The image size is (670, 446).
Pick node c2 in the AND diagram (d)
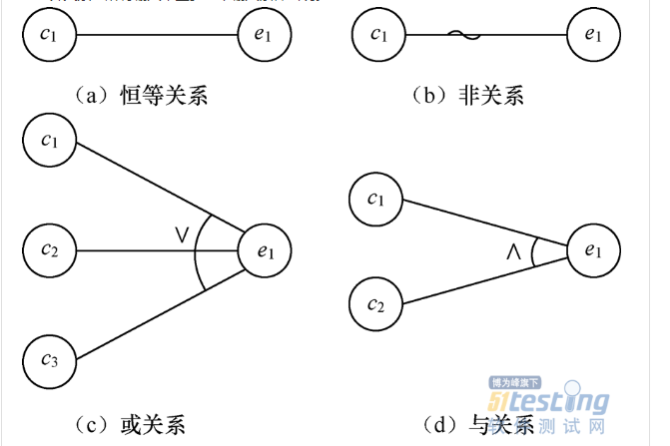coord(375,304)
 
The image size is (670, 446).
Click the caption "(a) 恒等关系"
coord(141,96)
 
